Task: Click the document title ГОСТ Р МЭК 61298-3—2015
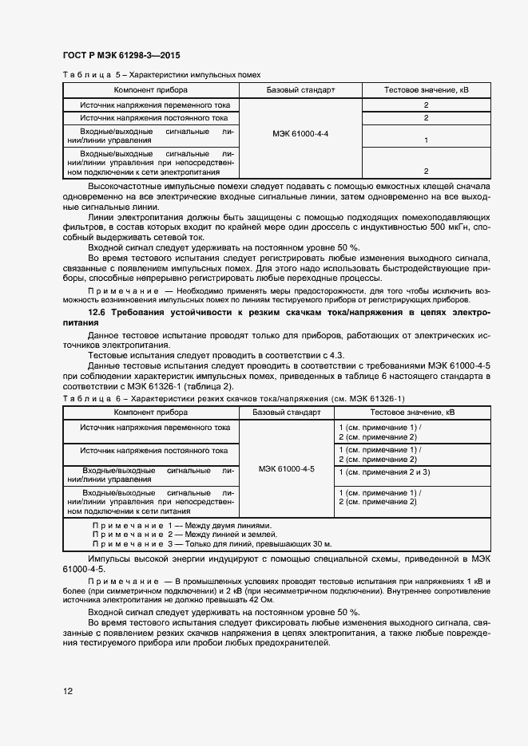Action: coord(121,56)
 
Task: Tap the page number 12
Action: coord(68,691)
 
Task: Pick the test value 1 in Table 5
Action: coord(427,140)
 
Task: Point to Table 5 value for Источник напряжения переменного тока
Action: coord(427,105)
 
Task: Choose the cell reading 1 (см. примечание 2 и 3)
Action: coord(384,472)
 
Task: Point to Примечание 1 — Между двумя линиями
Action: coord(182,526)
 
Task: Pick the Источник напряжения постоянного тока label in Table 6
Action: coord(153,451)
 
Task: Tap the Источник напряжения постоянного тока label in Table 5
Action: coord(153,118)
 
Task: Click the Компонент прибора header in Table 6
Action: coord(151,412)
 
